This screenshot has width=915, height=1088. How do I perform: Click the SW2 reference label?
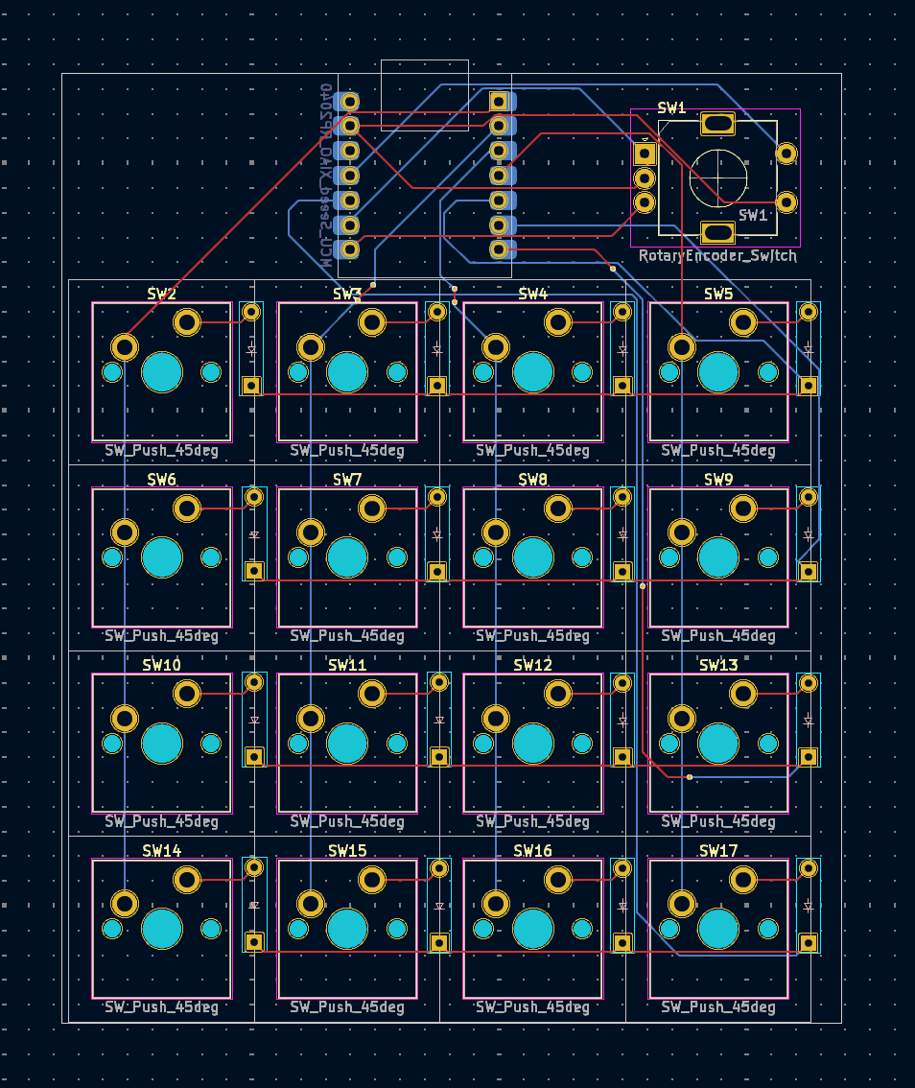pos(162,294)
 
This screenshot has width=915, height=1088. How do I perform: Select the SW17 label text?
pos(718,851)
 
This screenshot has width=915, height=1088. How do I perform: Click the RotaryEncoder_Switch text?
pos(717,256)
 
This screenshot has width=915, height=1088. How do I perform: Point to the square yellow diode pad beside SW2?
pos(251,385)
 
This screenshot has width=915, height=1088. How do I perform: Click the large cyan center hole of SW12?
pos(533,744)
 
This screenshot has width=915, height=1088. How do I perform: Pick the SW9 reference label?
pos(718,479)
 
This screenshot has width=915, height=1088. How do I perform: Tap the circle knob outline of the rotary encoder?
pos(718,177)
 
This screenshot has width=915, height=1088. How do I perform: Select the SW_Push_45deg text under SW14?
pos(161,1007)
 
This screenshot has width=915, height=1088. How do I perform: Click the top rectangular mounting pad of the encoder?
pos(717,123)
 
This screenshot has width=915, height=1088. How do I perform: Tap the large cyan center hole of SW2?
pos(162,372)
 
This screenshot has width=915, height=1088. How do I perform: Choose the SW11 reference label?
pos(347,665)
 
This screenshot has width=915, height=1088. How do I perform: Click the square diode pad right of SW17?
pos(809,942)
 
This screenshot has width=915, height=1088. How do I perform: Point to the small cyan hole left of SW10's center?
pos(112,744)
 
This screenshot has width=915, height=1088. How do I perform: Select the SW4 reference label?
pos(533,294)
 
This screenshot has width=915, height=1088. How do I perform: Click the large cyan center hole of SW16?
pos(533,929)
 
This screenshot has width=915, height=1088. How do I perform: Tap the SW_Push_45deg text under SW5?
pos(718,450)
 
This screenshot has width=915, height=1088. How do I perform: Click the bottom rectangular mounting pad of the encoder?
pos(717,232)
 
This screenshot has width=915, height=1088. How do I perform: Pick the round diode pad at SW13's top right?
pos(809,682)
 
